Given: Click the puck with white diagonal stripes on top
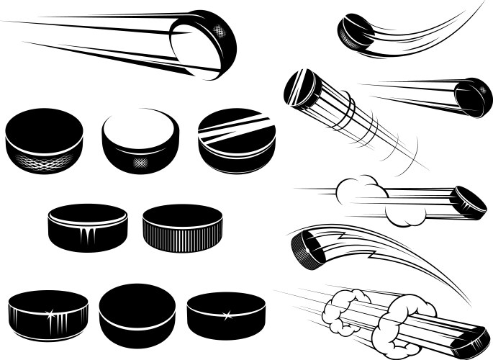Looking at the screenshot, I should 237,140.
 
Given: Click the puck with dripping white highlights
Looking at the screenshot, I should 87,227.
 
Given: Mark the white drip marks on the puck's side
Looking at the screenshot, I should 86,236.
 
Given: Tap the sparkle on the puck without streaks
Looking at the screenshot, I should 227,315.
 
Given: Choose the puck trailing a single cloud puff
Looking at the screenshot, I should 468,202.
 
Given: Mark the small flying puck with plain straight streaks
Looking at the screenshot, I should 473,96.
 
